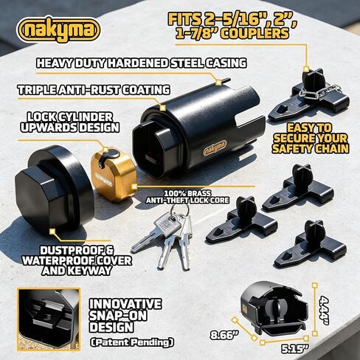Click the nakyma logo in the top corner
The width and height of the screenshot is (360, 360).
click(x=58, y=30)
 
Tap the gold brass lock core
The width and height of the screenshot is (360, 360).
click(x=113, y=175)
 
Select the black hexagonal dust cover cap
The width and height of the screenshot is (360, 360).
click(x=55, y=187)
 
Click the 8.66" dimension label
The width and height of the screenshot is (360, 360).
click(x=224, y=335)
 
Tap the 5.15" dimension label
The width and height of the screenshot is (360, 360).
click(x=294, y=349)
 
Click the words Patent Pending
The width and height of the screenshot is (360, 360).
click(x=132, y=342)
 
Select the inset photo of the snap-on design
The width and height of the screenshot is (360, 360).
click(x=49, y=319)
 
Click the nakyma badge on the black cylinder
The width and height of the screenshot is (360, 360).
click(x=215, y=148)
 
